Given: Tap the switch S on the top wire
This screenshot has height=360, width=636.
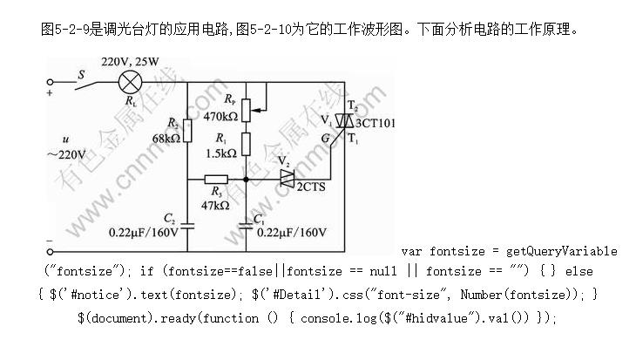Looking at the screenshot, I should [83, 80].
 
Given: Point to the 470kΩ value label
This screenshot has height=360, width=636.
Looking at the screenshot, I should [220, 116].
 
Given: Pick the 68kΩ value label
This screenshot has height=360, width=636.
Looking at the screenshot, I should [166, 138].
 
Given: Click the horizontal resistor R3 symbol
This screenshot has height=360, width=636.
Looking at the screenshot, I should [216, 180].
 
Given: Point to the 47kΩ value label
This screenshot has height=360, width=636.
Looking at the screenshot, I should [215, 205].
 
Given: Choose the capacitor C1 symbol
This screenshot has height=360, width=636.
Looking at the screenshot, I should [247, 224].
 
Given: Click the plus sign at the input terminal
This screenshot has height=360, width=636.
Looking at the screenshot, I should [50, 92].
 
